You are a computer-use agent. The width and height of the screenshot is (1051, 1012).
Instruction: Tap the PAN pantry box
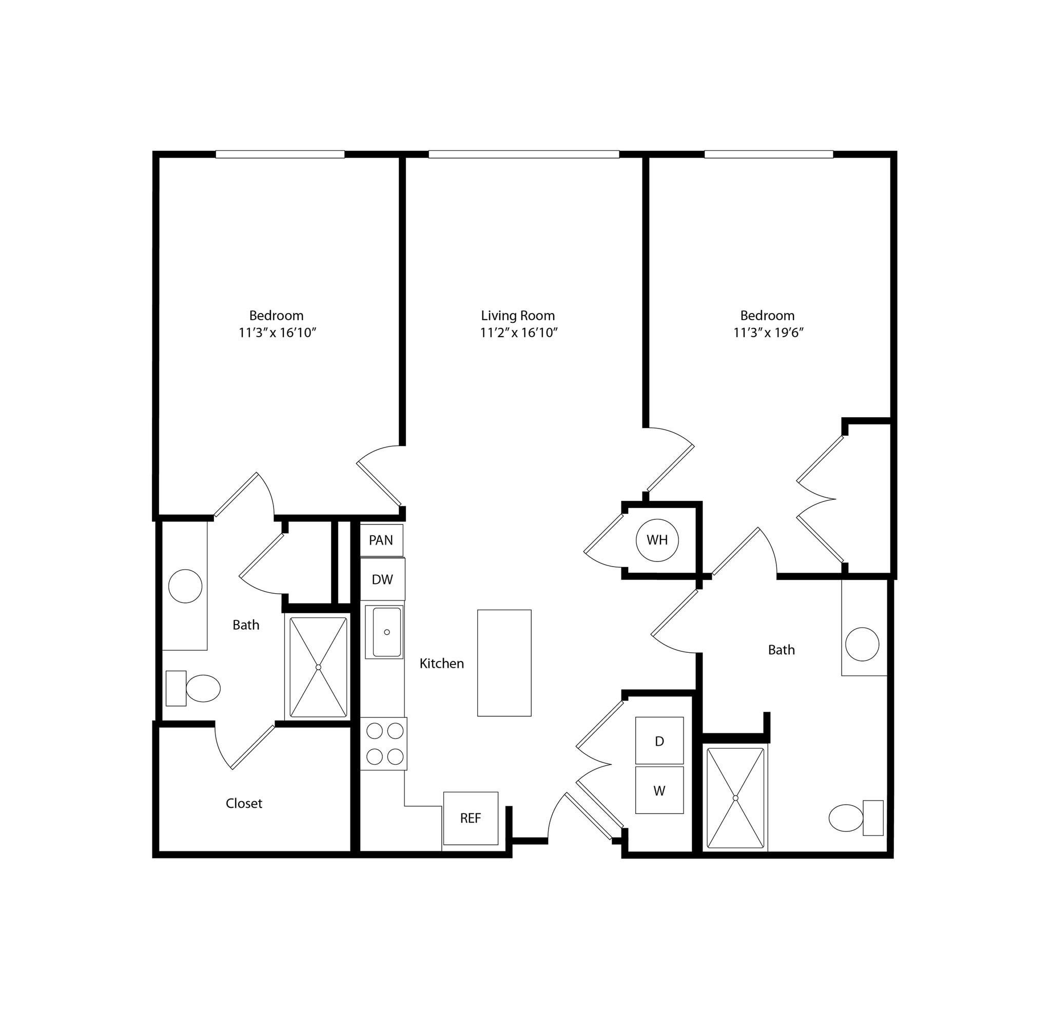click(381, 540)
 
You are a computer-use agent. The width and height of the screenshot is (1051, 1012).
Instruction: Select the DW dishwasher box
click(382, 579)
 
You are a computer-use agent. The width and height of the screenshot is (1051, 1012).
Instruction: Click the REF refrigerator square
click(470, 818)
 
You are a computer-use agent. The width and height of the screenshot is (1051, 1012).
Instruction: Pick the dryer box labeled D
click(659, 741)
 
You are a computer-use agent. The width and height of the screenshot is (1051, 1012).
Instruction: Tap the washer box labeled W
click(659, 790)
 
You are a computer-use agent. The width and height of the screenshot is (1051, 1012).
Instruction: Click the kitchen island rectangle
click(504, 663)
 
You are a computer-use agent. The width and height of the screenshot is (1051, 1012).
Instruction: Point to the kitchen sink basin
click(386, 632)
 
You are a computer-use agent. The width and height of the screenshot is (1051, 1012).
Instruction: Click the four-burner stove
click(384, 744)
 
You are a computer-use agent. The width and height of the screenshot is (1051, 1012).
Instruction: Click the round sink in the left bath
click(185, 586)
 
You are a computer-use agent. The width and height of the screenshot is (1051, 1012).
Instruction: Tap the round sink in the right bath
click(862, 644)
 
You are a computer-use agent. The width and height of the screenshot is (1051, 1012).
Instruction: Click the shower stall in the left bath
click(318, 667)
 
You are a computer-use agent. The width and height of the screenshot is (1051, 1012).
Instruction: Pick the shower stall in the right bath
click(735, 798)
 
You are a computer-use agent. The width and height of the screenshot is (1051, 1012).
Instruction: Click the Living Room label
click(517, 315)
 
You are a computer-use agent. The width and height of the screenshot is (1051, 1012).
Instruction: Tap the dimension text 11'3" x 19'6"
click(768, 333)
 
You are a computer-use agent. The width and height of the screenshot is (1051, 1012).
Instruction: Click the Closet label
click(244, 803)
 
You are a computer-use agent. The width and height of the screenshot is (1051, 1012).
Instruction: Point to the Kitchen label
click(441, 664)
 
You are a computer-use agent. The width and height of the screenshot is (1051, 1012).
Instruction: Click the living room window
click(523, 154)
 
